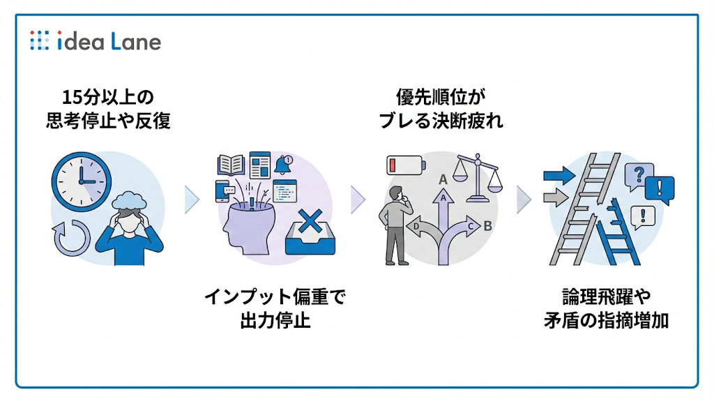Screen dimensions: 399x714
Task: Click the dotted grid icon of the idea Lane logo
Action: [40, 41]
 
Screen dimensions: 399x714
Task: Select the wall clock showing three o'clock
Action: [81, 174]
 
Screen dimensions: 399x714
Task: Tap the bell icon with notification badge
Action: [283, 165]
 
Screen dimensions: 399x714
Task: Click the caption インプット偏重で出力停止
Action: [274, 308]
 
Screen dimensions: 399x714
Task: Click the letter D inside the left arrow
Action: [416, 227]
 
